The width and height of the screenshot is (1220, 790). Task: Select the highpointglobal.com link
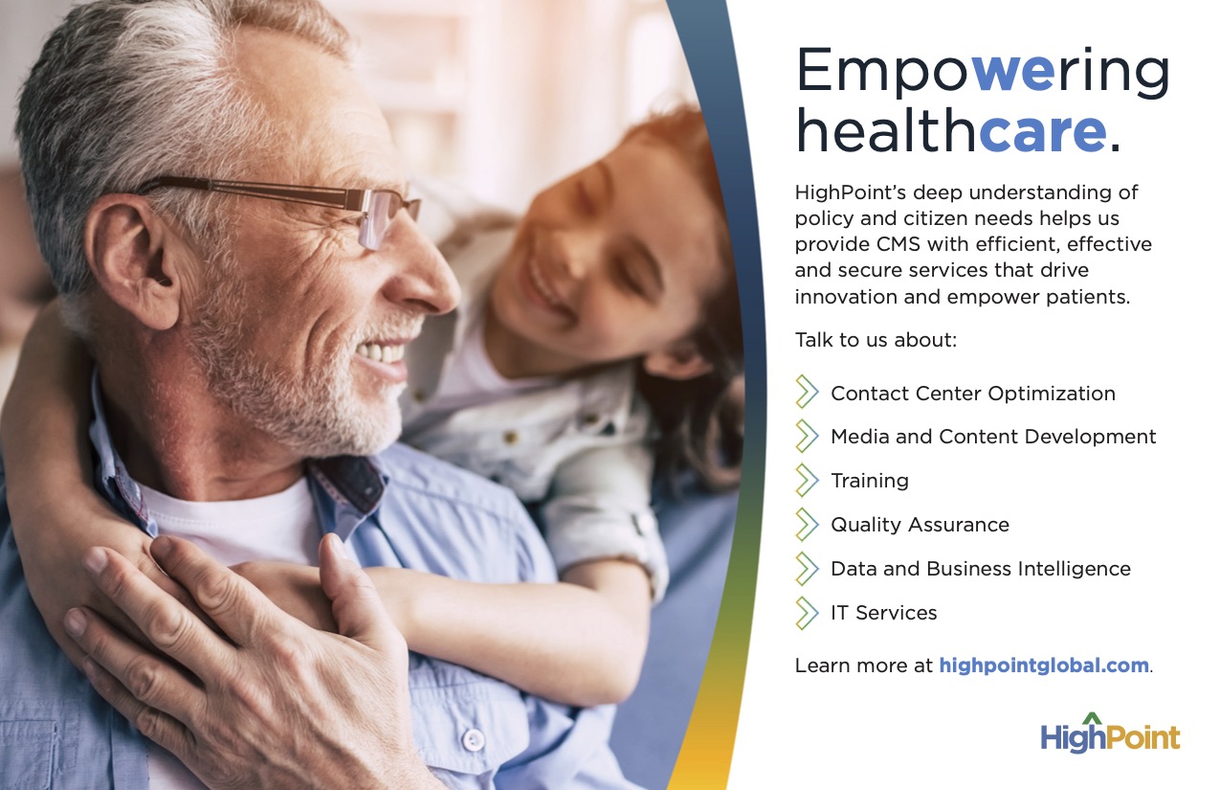tap(1044, 666)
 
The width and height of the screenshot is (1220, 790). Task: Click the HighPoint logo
tap(1110, 734)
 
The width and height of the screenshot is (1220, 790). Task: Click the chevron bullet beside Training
tap(807, 481)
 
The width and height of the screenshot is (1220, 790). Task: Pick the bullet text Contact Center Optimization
tap(972, 394)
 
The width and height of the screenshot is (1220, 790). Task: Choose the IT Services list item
tap(883, 613)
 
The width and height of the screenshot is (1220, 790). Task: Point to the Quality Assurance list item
tap(920, 525)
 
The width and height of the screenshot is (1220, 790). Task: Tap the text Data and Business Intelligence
tap(980, 569)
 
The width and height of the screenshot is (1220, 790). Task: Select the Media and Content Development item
tap(993, 437)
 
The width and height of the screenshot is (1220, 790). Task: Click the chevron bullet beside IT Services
tap(807, 613)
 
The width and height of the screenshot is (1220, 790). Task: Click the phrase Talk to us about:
tap(876, 340)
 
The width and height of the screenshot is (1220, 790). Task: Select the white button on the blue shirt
tap(473, 739)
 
